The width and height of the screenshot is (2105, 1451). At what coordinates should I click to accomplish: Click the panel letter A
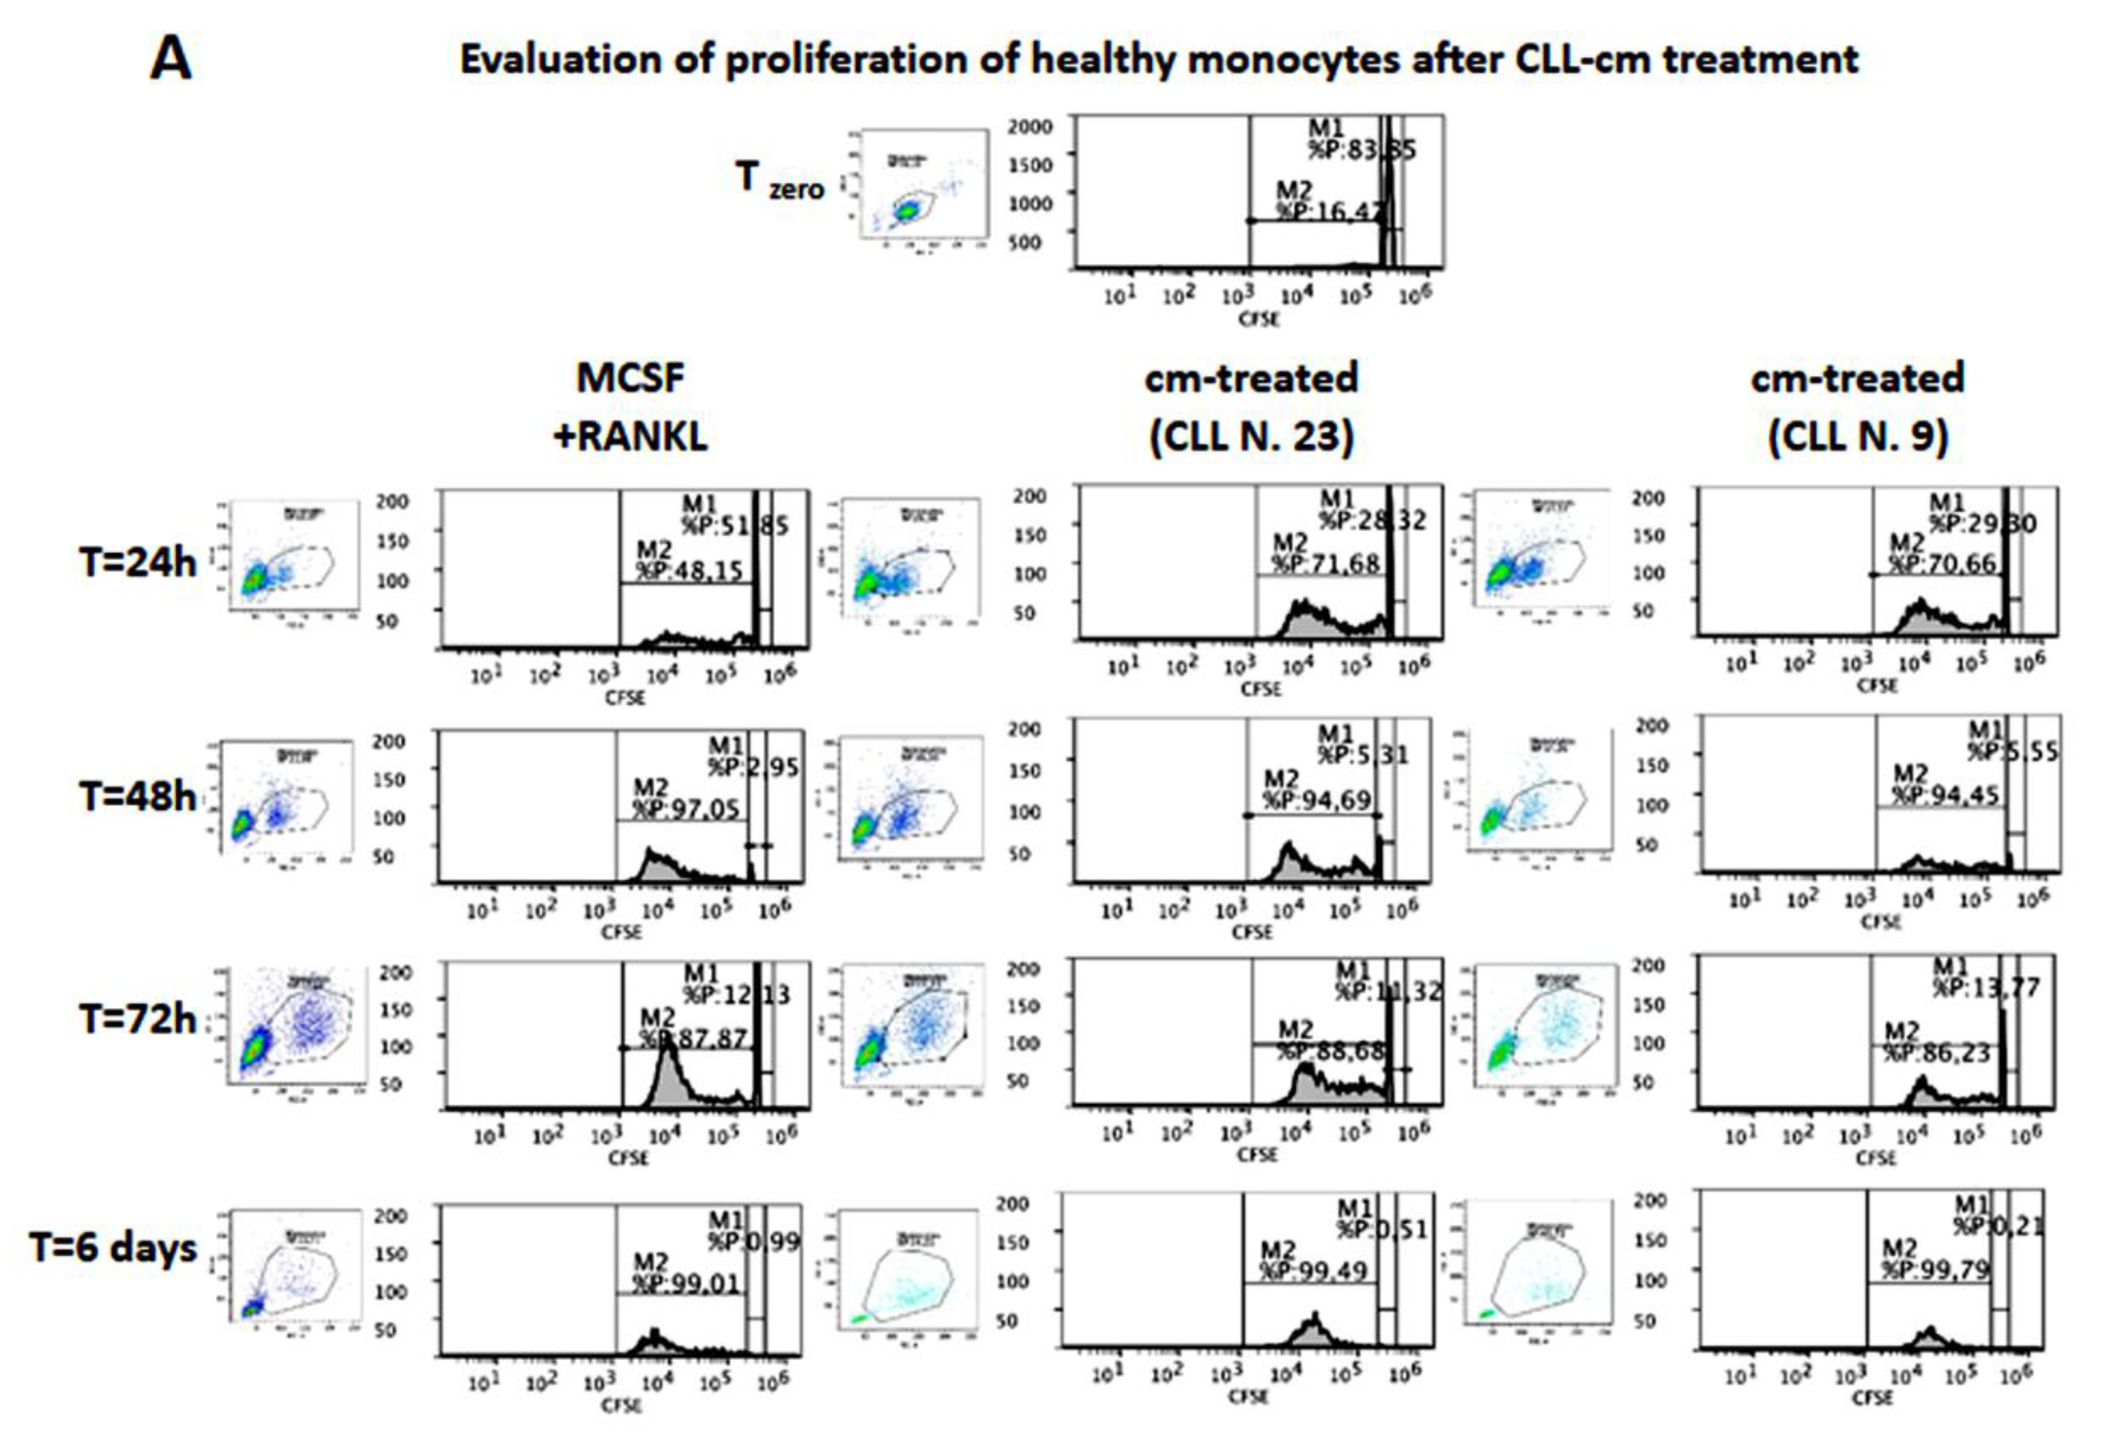tap(171, 62)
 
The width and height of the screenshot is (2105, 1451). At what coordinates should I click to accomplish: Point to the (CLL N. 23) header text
tap(1251, 437)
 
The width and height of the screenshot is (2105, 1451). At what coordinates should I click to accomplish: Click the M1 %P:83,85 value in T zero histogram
tap(1361, 150)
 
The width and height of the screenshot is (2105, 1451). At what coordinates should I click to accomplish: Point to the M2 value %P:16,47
tap(1329, 212)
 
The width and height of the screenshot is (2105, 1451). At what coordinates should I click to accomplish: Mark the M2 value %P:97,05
tap(686, 808)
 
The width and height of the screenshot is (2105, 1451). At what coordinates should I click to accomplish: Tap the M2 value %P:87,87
tap(693, 1038)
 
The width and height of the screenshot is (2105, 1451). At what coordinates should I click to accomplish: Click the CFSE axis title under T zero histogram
tap(1259, 319)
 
